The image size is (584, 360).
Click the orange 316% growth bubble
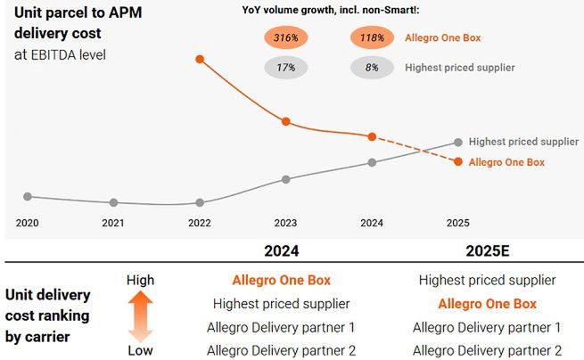[286, 38]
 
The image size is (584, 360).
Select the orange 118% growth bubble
[373, 38]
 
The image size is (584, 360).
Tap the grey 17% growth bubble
[286, 67]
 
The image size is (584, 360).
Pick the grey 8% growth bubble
[373, 67]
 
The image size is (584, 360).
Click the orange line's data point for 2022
[199, 59]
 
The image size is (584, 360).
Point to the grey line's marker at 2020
[28, 196]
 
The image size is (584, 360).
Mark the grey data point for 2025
[458, 142]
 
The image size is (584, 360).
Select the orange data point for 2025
[458, 161]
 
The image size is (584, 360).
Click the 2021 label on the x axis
[113, 223]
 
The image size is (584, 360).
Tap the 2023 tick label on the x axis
[285, 223]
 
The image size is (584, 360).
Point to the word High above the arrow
[141, 280]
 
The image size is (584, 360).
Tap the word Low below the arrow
[141, 350]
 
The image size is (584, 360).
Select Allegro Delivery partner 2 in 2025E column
[487, 350]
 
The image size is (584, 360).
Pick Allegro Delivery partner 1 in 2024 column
[281, 327]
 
